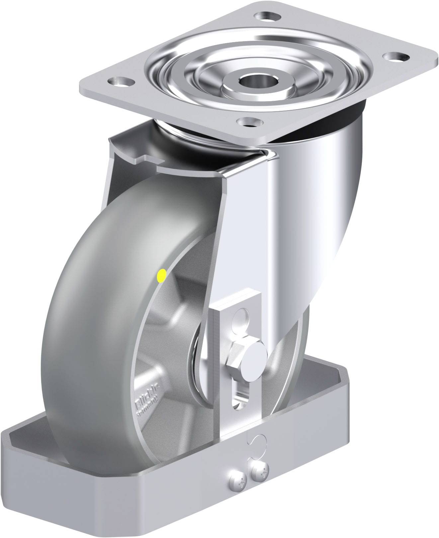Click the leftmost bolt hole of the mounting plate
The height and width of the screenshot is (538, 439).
pyautogui.click(x=121, y=81)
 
